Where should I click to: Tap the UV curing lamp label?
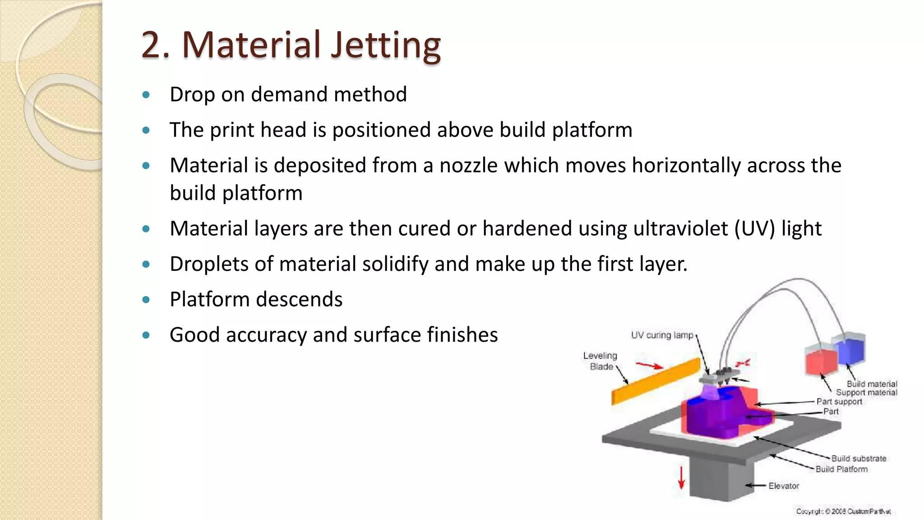(x=661, y=335)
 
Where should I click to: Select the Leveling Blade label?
(x=600, y=361)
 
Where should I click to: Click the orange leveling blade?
(x=656, y=381)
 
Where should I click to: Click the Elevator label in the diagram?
(x=784, y=486)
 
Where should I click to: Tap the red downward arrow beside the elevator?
(x=681, y=478)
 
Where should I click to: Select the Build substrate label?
(x=859, y=458)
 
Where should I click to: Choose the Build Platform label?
(x=841, y=469)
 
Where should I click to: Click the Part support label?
(x=839, y=401)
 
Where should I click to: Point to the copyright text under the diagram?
(x=843, y=511)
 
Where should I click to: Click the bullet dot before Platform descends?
(x=146, y=300)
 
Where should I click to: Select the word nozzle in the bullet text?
(x=469, y=165)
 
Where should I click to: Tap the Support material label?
(x=866, y=392)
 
